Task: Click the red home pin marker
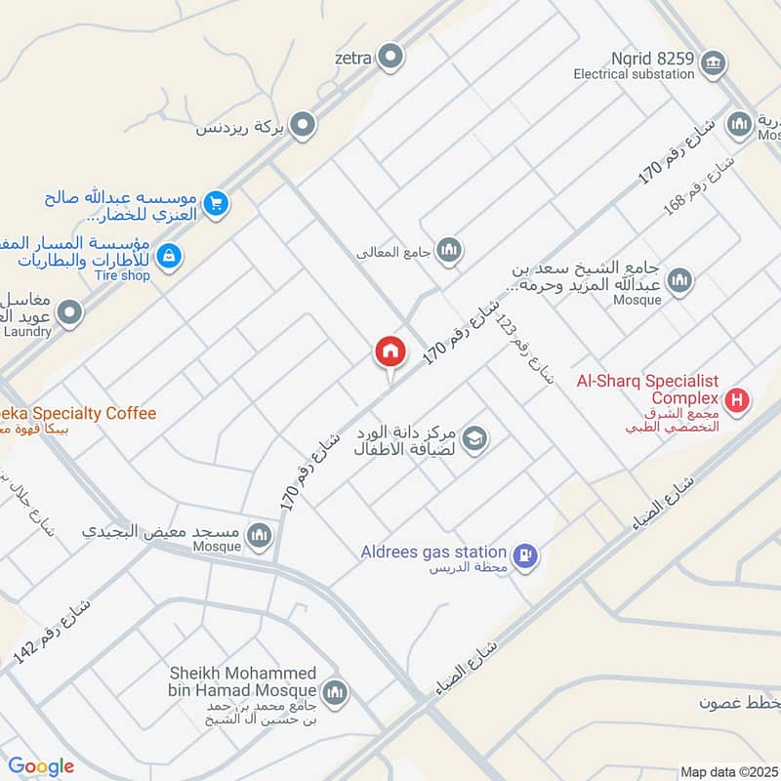pyautogui.click(x=390, y=351)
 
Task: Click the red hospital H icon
pyautogui.click(x=738, y=398)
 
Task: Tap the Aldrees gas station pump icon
pyautogui.click(x=525, y=555)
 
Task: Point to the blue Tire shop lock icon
pyautogui.click(x=169, y=257)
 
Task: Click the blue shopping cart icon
pyautogui.click(x=217, y=204)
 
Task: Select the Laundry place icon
pyautogui.click(x=69, y=312)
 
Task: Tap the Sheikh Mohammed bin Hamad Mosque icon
pyautogui.click(x=335, y=692)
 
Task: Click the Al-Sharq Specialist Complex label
pyautogui.click(x=647, y=390)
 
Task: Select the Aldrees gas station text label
pyautogui.click(x=436, y=553)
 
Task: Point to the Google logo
pyautogui.click(x=41, y=767)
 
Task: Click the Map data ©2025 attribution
pyautogui.click(x=728, y=771)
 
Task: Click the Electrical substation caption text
pyautogui.click(x=634, y=73)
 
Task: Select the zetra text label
pyautogui.click(x=353, y=58)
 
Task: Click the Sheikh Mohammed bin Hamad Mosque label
pyautogui.click(x=243, y=683)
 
